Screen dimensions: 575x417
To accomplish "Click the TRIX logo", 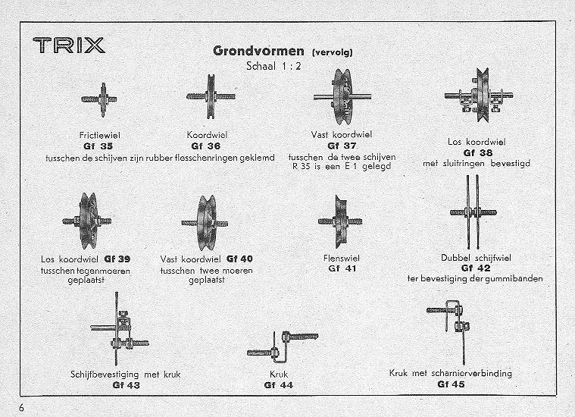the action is (x=69, y=45).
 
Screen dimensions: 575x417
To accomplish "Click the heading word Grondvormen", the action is (x=258, y=51).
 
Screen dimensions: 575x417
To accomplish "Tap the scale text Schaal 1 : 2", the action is (x=273, y=66).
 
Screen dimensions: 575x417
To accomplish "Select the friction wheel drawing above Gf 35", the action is (x=99, y=99).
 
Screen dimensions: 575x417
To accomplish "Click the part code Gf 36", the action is (x=206, y=146).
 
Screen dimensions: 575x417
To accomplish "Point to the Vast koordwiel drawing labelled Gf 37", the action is (x=342, y=96).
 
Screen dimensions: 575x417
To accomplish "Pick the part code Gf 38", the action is (x=478, y=152).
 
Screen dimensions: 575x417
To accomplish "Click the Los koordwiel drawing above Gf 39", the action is (x=87, y=221).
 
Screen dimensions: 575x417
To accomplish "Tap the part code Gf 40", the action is (x=239, y=259).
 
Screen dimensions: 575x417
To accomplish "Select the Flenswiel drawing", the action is (x=340, y=221).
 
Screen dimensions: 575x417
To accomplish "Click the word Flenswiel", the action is (x=342, y=258).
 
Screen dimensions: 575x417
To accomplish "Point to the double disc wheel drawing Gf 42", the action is (x=473, y=212).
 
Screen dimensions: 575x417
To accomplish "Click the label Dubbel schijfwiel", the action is (x=476, y=258).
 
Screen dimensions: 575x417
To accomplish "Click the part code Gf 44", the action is (x=278, y=385).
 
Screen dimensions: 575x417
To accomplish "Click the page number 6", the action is (x=22, y=408).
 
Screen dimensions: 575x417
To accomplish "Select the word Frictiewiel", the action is (x=100, y=136).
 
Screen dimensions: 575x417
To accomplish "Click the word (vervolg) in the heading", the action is (x=333, y=52).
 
